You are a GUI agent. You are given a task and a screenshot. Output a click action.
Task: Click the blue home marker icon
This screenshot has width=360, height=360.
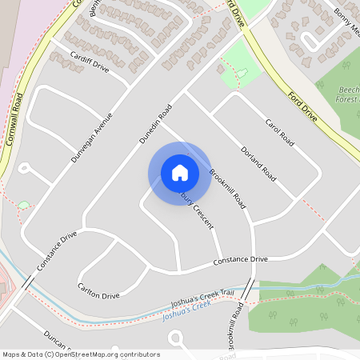[x=179, y=172]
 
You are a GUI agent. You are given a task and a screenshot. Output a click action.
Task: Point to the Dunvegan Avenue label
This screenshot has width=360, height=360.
[x=92, y=138]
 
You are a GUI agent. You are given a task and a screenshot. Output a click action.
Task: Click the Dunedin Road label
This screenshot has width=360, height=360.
[x=156, y=124]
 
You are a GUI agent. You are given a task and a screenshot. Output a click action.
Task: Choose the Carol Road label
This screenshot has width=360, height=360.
[x=279, y=133]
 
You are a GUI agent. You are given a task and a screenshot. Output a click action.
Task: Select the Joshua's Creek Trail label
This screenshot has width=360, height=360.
[x=203, y=302]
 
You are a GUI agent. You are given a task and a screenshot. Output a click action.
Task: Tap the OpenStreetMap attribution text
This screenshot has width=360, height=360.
[x=81, y=354]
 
